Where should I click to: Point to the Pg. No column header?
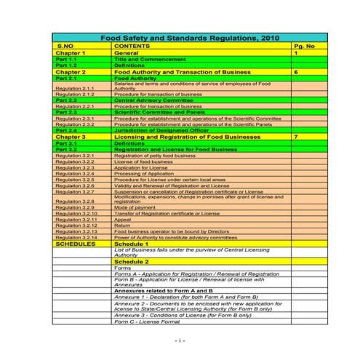pos(305,46)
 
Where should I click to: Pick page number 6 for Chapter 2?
pos(296,73)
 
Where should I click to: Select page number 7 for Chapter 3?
pos(296,137)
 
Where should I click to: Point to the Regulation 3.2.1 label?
pos(75,156)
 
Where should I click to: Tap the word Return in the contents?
pos(122,225)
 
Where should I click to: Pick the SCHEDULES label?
pos(76,244)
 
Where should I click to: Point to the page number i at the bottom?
pos(180,340)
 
